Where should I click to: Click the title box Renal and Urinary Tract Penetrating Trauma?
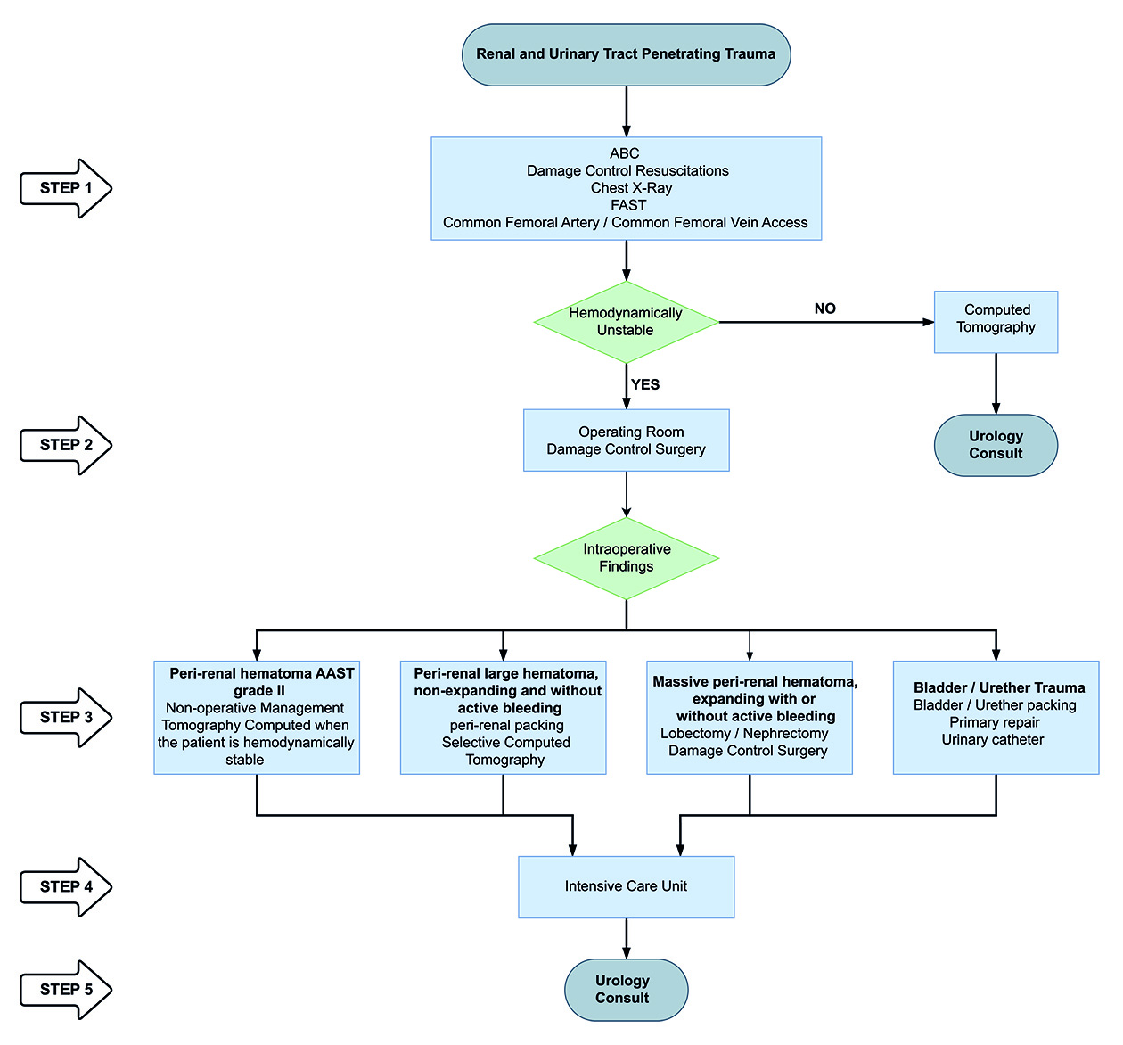pos(626,54)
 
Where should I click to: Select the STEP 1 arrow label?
pos(66,188)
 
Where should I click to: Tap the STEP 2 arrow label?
pos(66,445)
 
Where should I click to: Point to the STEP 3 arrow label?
pos(66,717)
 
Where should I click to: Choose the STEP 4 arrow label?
pos(66,886)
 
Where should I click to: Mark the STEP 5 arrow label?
pos(66,989)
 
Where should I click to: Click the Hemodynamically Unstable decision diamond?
pos(626,322)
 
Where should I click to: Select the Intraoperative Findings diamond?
pos(626,558)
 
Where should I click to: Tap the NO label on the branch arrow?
pos(824,309)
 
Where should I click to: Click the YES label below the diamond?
pos(645,384)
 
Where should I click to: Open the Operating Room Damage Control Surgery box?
pos(626,440)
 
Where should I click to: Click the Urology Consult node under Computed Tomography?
pos(996,445)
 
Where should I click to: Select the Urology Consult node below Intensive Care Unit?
pos(626,989)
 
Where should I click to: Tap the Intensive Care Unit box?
pos(626,886)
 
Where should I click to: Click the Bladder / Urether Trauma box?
pos(996,717)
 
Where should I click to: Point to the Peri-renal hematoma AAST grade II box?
pos(257,717)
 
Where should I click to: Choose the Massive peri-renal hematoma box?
pos(750,717)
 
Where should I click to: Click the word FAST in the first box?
pos(628,205)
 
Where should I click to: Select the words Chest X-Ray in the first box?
pos(631,188)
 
